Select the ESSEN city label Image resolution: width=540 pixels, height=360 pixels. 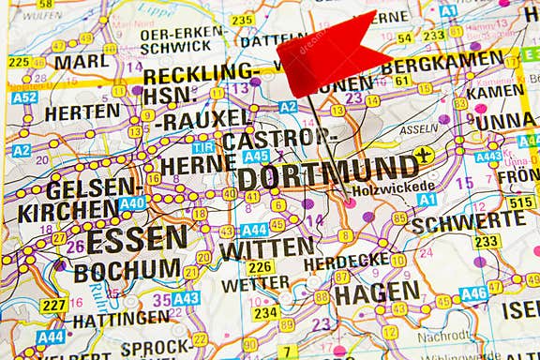point(137,237)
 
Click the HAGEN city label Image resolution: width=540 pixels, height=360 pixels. point(377,292)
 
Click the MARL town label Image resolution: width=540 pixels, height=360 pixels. point(81,62)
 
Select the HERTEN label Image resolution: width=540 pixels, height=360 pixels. point(82,111)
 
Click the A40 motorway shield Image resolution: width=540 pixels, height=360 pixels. point(131,202)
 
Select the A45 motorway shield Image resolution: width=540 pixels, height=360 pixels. point(256,156)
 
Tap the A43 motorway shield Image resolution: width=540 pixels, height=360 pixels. point(186,298)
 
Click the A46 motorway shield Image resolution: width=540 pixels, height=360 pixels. point(473,293)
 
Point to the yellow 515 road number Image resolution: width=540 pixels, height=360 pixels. point(520,202)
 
